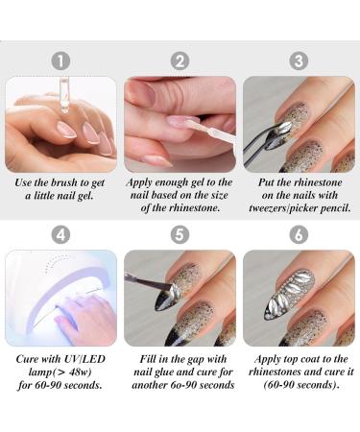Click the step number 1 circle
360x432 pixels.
60,61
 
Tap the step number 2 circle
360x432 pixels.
180,61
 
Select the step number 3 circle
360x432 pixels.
299,61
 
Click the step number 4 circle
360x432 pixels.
60,233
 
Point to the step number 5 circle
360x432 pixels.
180,233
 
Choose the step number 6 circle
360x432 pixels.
299,233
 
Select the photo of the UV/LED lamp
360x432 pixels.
60,298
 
